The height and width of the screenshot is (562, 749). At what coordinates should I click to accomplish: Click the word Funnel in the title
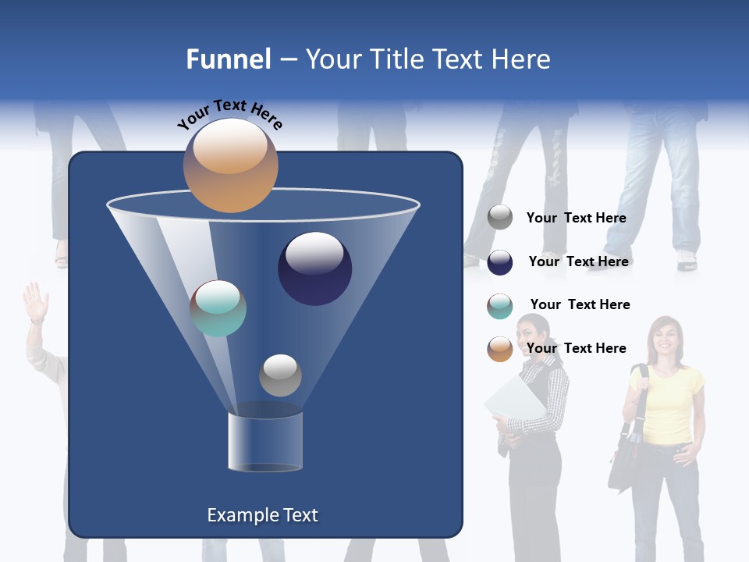228,59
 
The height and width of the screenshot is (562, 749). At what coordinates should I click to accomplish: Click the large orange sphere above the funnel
230,165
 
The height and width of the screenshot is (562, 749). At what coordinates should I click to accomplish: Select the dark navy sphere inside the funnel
315,269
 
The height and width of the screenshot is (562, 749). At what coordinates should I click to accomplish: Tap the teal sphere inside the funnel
218,308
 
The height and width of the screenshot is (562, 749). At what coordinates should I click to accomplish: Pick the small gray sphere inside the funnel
280,375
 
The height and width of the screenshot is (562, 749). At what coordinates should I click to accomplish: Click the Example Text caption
262,515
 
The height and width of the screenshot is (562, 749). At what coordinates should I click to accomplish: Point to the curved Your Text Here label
229,113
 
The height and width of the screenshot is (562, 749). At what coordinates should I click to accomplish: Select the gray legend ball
500,218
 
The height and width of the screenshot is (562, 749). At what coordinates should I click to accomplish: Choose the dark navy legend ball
500,262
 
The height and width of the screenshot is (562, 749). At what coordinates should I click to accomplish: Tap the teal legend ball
500,306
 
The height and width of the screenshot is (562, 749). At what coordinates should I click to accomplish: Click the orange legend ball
500,349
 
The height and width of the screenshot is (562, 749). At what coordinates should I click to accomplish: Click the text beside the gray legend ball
576,219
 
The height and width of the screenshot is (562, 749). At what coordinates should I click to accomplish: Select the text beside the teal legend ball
580,304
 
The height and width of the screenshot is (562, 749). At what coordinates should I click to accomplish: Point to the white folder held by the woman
514,402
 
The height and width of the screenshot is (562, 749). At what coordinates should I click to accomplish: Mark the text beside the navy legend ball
578,261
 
